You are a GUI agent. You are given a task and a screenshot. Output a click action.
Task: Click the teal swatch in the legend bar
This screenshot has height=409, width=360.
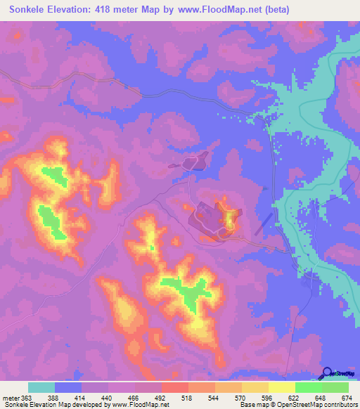[41, 387]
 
